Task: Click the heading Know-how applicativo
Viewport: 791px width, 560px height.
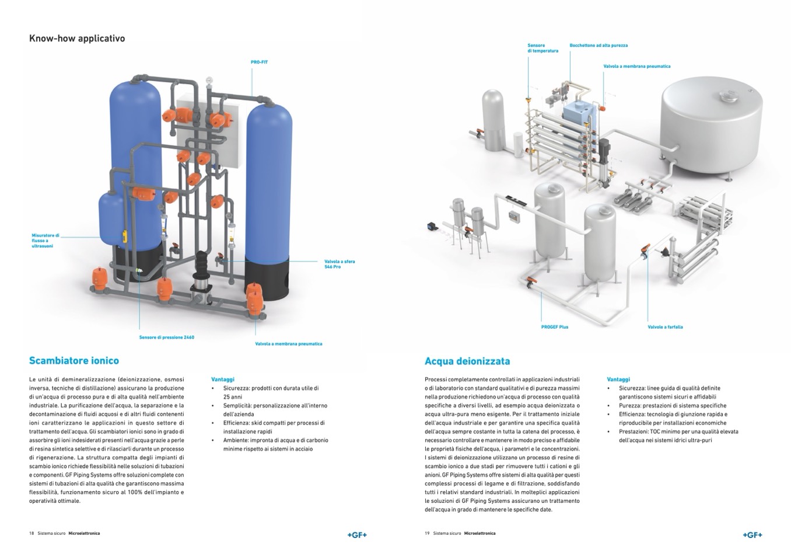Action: [77, 39]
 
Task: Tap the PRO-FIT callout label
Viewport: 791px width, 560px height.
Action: [259, 62]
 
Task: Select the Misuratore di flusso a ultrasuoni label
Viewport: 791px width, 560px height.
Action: [45, 241]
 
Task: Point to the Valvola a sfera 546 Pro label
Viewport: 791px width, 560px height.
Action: [339, 264]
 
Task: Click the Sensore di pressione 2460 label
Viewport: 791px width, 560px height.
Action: [166, 338]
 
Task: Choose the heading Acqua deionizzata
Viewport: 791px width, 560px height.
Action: [467, 361]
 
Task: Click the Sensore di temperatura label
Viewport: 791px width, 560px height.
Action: [542, 48]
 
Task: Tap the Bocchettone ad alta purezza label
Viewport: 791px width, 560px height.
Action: [598, 45]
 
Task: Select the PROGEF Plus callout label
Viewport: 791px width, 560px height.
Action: [554, 327]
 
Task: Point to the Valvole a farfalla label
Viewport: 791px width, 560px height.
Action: [665, 327]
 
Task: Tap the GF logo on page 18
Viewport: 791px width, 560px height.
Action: [356, 534]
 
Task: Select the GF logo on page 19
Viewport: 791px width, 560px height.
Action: [752, 534]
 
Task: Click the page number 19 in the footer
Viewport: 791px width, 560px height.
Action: [427, 533]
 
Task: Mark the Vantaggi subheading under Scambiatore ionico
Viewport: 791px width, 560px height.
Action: [223, 379]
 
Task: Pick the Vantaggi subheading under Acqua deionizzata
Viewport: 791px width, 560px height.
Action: [618, 379]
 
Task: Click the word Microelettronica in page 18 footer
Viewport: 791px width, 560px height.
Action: [84, 533]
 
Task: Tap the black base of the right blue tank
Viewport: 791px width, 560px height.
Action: [267, 280]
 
